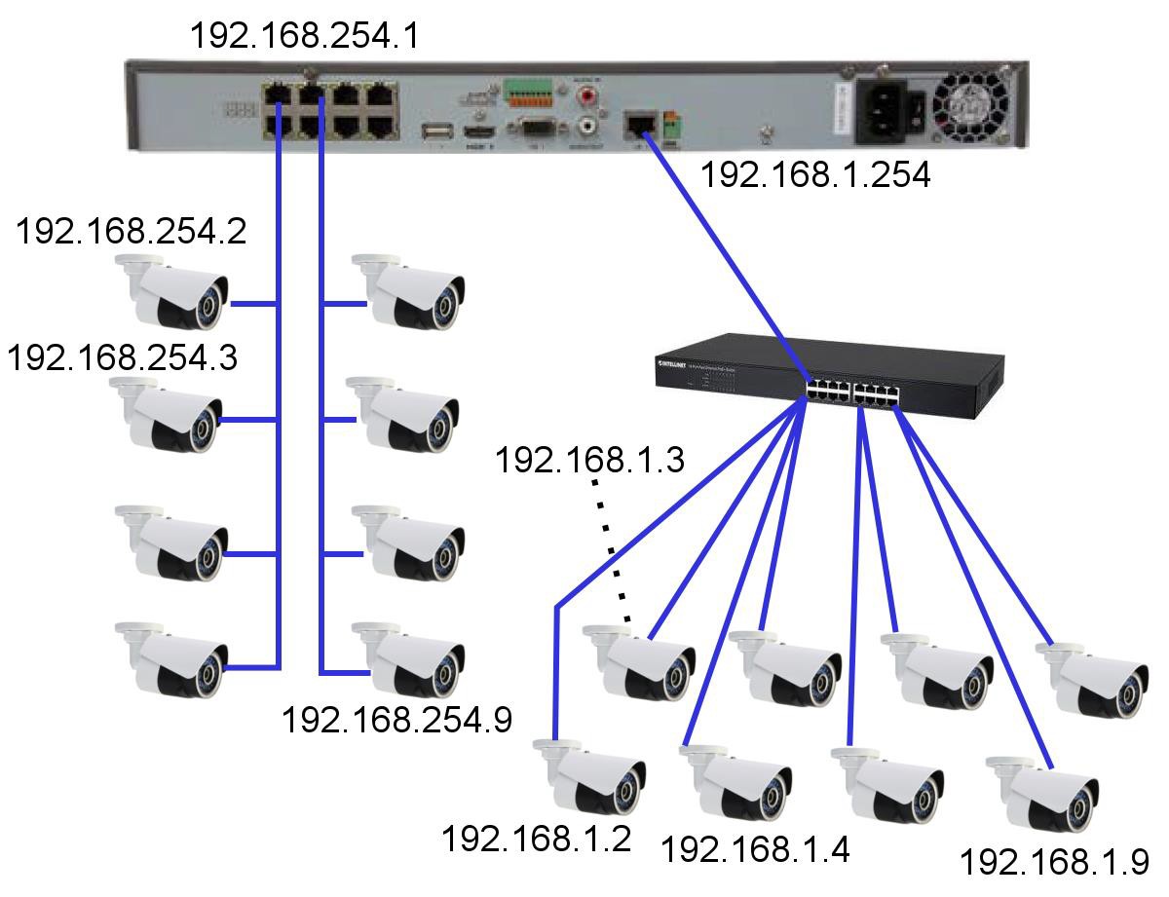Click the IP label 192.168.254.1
pos(305,35)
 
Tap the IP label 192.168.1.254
pos(815,174)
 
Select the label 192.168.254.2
pos(132,233)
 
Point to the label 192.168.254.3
pos(124,357)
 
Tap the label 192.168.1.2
pos(537,838)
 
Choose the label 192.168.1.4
pos(756,849)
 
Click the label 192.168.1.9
pos(1054,862)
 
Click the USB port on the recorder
pos(433,132)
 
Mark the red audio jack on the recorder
pos(588,97)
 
